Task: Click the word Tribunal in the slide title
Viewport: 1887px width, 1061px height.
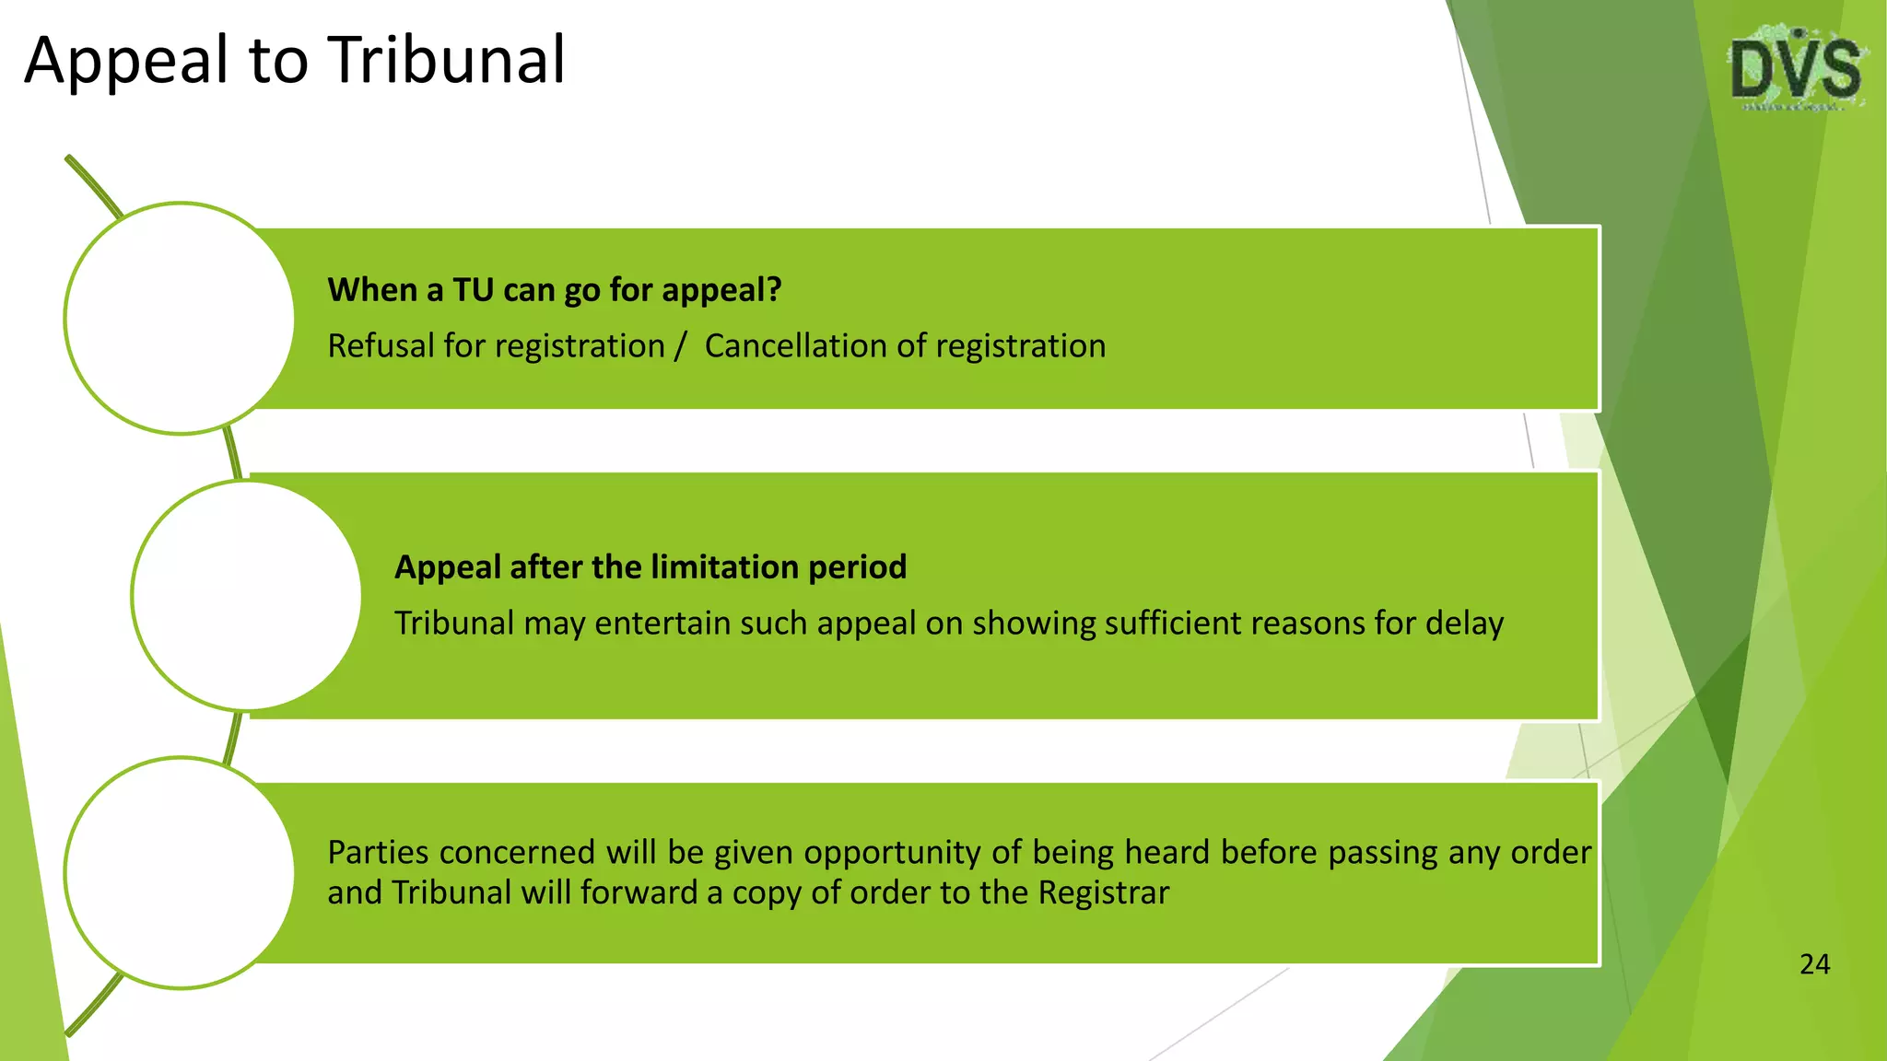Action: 448,61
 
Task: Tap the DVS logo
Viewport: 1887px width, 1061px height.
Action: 1796,70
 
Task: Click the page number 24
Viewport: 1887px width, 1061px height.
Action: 1814,964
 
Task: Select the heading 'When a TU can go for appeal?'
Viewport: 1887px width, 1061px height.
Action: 555,290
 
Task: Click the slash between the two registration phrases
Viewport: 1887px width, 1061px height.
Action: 680,346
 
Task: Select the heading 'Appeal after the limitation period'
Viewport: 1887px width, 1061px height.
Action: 650,567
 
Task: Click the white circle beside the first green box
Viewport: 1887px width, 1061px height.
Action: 180,319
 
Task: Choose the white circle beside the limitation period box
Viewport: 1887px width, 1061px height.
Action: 246,596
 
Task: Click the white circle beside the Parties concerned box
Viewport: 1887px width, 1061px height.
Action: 180,873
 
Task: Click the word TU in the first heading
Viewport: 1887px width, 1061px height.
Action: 474,290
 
